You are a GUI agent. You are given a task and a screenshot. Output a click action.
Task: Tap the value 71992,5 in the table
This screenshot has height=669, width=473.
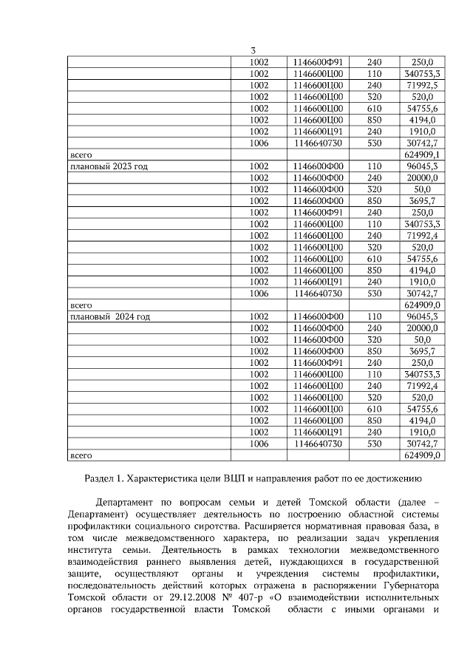[423, 85]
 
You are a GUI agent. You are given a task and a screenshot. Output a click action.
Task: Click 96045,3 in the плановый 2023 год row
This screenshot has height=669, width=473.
[423, 166]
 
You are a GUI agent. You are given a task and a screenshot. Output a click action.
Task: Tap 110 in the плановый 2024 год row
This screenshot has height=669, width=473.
[374, 316]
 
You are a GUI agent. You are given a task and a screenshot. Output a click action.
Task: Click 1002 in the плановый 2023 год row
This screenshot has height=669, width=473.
[259, 166]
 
